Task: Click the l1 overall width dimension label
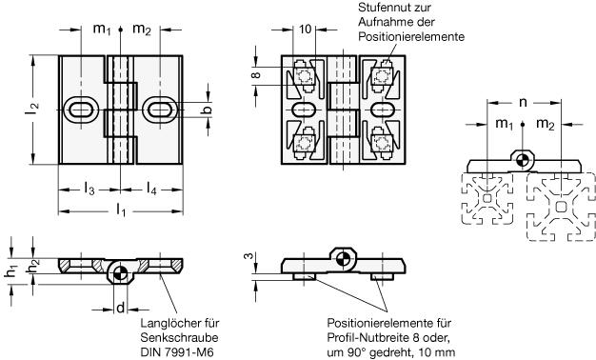coord(121,210)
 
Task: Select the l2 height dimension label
coord(33,110)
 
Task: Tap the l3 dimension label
coord(89,189)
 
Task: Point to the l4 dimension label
coord(151,189)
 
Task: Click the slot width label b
coord(207,110)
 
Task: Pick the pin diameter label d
coord(120,308)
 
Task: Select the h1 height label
coord(10,271)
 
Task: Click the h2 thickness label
coord(32,268)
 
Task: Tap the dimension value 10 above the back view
coord(306,29)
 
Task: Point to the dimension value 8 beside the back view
coord(256,75)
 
